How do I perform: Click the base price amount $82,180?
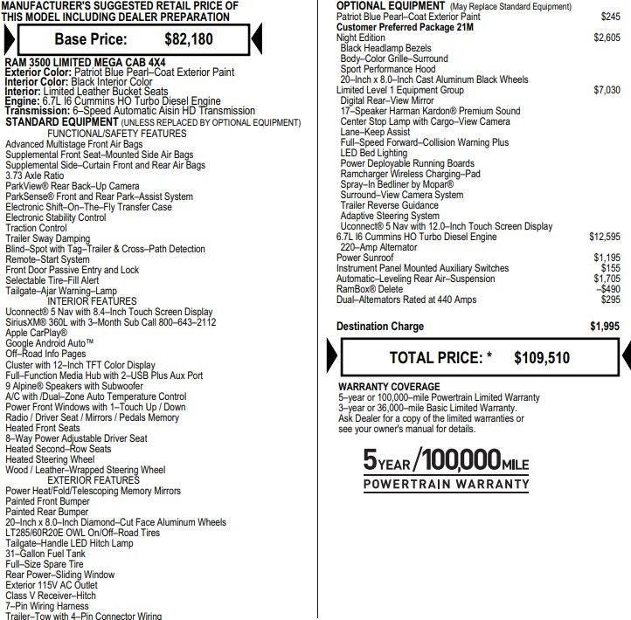coord(190,39)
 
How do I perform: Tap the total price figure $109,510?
coord(542,357)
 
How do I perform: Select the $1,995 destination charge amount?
coord(604,327)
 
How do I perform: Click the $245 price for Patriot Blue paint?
coord(610,17)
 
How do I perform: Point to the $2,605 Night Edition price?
coord(606,38)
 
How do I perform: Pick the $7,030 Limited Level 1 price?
coord(606,90)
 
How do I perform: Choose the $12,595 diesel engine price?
coord(604,237)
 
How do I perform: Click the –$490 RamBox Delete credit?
coord(608,289)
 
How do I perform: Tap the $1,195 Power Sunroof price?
coord(606,258)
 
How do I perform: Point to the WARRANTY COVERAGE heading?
coord(389,387)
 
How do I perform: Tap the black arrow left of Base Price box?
coord(8,39)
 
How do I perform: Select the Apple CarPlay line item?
coord(36,333)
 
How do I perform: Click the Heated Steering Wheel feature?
coord(50,459)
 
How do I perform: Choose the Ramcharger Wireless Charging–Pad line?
coord(410,174)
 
